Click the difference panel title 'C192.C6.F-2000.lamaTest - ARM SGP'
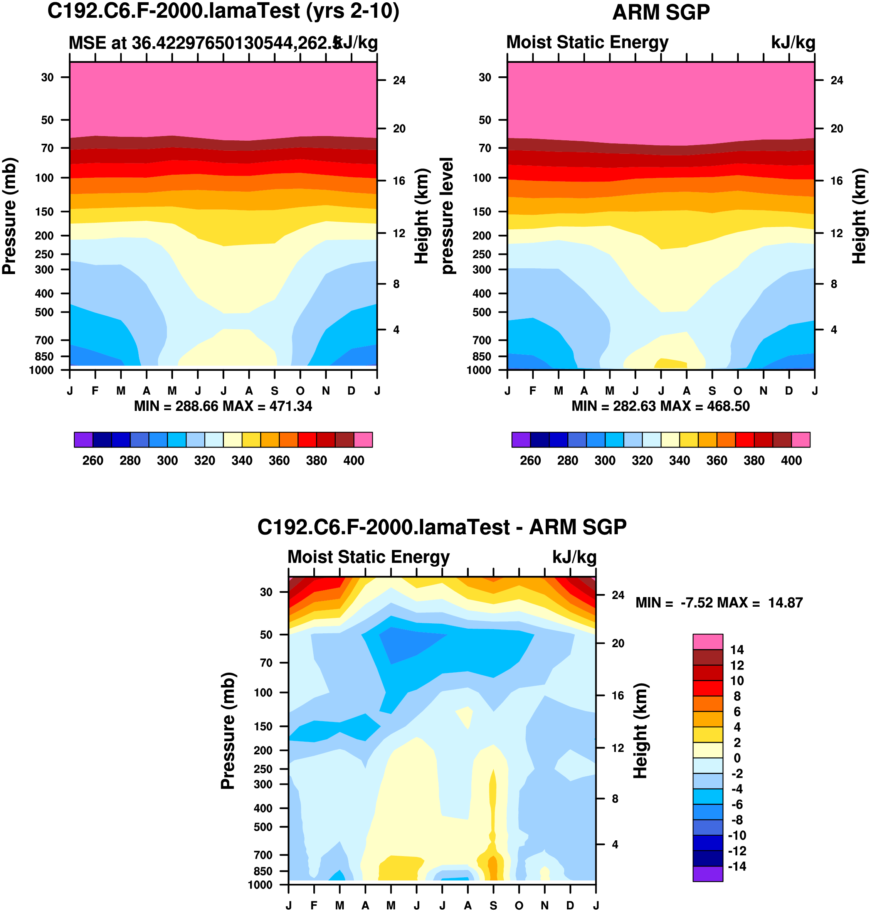442,527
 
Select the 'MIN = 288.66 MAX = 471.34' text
223,406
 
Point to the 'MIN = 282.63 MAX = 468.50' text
660,406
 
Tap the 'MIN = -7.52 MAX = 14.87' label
719,603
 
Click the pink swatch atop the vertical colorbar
708,641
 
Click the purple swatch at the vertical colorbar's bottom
708,873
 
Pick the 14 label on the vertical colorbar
737,650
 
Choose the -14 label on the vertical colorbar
737,866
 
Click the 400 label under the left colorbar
354,461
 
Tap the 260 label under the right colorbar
530,461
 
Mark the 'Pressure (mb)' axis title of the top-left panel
9,216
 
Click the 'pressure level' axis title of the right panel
447,216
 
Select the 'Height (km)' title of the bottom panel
640,731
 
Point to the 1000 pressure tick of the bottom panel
260,885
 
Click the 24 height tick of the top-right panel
837,80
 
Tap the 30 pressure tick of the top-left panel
47,77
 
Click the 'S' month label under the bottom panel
493,905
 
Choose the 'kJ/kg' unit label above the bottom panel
574,557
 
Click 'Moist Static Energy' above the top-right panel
587,42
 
